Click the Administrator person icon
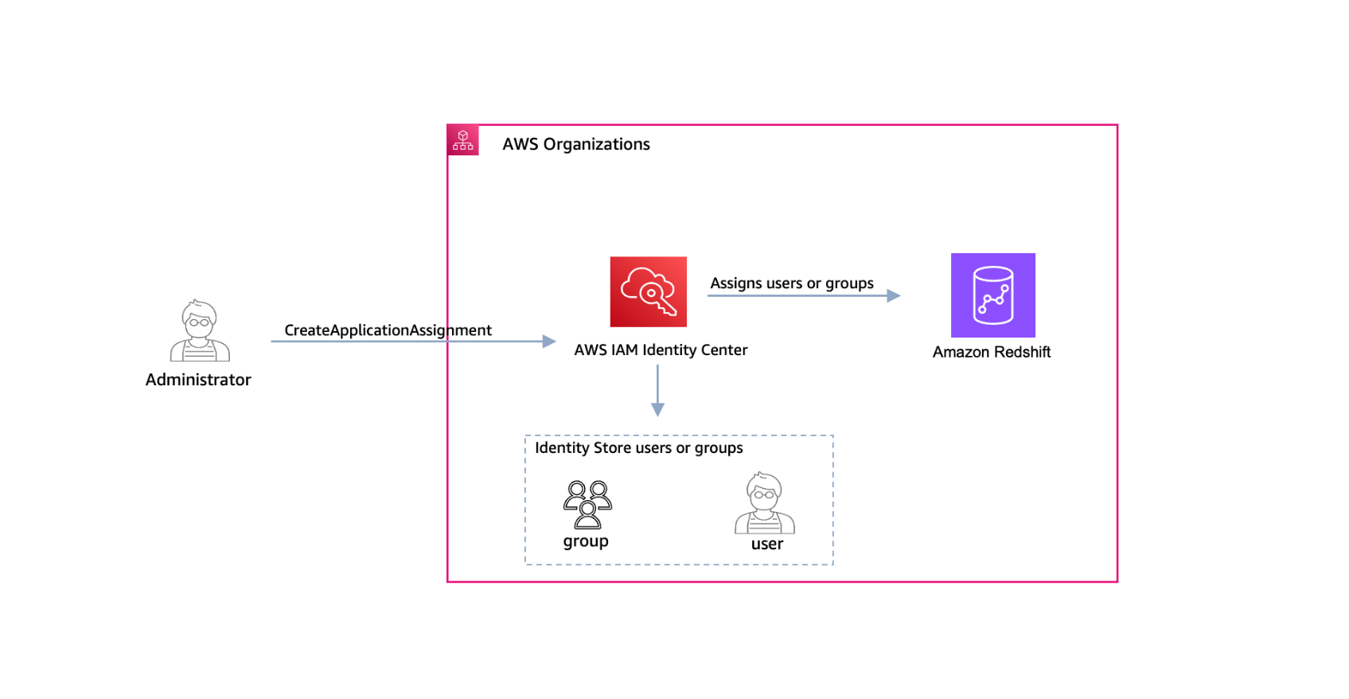point(200,331)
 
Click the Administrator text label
point(198,380)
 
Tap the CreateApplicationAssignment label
point(388,330)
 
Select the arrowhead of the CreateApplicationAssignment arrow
point(549,342)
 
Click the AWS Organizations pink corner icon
point(463,140)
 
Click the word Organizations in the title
point(596,144)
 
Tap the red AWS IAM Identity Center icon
point(648,291)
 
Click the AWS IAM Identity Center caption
point(661,350)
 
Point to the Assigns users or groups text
point(791,283)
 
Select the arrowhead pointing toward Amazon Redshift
point(894,295)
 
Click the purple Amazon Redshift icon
point(992,295)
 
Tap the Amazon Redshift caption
point(991,352)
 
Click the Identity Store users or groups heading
point(638,448)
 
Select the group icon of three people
point(587,505)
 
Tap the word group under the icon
point(586,541)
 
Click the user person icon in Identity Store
point(764,503)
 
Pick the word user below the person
point(766,545)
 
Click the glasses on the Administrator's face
point(199,322)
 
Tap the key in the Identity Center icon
point(662,302)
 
